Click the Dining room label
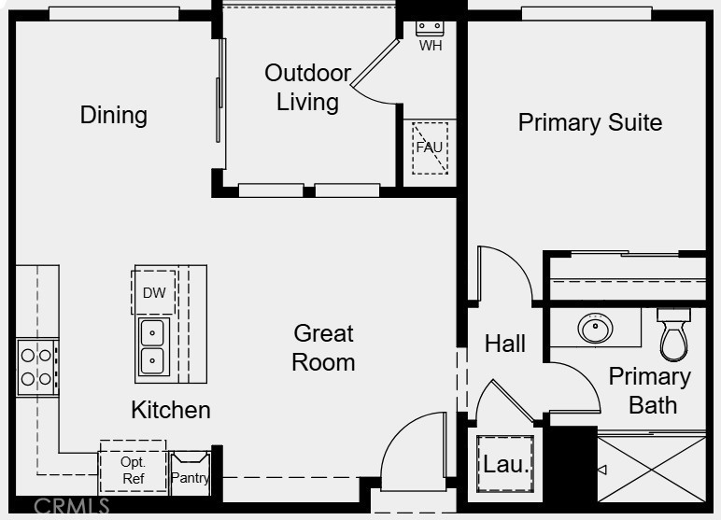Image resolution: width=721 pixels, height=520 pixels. pos(114,115)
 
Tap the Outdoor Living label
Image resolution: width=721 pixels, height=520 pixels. pos(307,88)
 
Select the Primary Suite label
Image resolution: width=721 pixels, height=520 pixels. pos(590,122)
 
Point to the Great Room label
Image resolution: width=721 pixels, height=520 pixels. pos(323,347)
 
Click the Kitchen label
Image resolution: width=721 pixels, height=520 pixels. pos(171,410)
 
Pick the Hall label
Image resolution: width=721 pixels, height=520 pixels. pos(505,344)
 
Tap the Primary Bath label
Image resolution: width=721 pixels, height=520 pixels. pos(650,391)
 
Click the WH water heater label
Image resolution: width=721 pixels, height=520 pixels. pos(431,46)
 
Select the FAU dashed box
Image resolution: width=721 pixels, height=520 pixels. pos(430,148)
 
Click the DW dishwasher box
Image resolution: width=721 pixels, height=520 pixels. pos(153,292)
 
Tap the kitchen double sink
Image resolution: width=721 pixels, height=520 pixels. pos(152,346)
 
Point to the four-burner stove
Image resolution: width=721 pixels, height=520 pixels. pos(37,367)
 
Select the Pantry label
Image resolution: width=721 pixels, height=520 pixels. pos(190,478)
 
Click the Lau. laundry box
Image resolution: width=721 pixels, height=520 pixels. pos(505,464)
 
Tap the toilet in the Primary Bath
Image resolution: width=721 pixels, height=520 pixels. pos(673,334)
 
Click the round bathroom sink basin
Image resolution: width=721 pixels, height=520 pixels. pos(595,328)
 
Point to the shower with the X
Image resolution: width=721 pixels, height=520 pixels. pos(652,469)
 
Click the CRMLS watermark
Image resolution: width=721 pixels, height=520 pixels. pos(71,506)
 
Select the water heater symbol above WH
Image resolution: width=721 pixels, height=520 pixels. pos(430,28)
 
